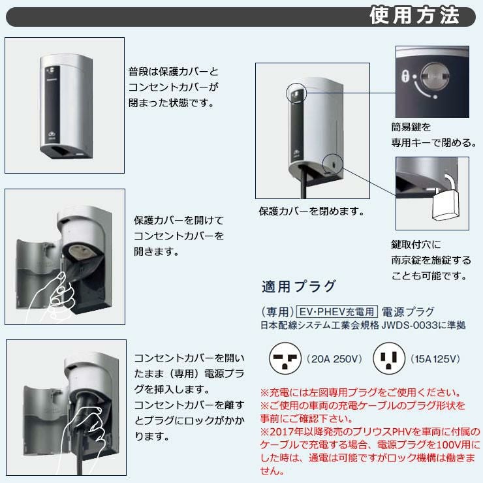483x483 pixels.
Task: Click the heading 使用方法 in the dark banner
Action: [414, 15]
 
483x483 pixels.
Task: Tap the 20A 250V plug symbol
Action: [285, 358]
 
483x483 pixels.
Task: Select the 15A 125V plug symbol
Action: [389, 358]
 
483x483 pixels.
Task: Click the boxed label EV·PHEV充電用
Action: [337, 312]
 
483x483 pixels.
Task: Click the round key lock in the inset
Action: [435, 77]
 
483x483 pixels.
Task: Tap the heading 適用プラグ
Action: [298, 286]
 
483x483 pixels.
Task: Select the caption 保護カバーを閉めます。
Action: [311, 211]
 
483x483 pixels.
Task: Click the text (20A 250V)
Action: [334, 359]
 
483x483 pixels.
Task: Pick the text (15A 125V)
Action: [435, 359]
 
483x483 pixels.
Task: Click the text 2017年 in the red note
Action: [283, 431]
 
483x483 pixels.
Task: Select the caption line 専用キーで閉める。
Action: [433, 143]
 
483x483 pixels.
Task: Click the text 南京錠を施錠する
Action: [431, 260]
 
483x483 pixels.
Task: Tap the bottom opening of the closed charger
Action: [61, 151]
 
